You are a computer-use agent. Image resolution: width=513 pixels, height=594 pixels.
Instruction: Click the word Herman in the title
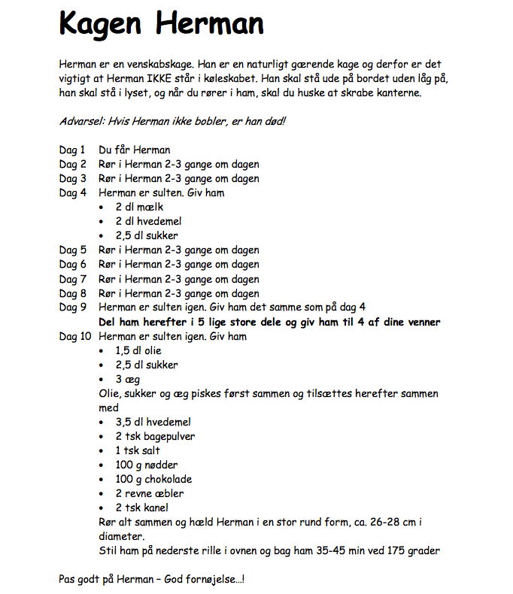pyautogui.click(x=211, y=24)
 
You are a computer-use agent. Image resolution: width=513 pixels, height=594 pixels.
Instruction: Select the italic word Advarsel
pyautogui.click(x=80, y=121)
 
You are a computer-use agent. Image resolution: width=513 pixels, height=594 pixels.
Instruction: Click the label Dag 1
pyautogui.click(x=73, y=150)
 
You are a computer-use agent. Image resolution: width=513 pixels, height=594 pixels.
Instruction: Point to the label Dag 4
pyautogui.click(x=73, y=192)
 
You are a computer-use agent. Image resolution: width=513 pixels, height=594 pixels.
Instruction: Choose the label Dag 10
pyautogui.click(x=75, y=336)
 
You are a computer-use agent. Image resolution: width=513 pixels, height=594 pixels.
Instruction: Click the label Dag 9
pyautogui.click(x=73, y=308)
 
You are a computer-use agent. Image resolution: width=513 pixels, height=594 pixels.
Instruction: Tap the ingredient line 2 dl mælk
pyautogui.click(x=139, y=207)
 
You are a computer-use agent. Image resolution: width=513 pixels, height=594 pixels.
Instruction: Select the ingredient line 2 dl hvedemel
pyautogui.click(x=148, y=221)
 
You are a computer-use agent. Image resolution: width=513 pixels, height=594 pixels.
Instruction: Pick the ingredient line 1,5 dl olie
pyautogui.click(x=138, y=350)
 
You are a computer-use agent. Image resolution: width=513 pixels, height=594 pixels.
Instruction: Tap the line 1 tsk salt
pyautogui.click(x=138, y=450)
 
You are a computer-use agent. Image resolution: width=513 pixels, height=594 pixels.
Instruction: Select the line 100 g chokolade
pyautogui.click(x=153, y=479)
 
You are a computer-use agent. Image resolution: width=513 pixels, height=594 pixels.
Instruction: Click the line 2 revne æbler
pyautogui.click(x=149, y=493)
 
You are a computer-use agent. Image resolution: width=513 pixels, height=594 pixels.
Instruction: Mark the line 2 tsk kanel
pyautogui.click(x=141, y=508)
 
